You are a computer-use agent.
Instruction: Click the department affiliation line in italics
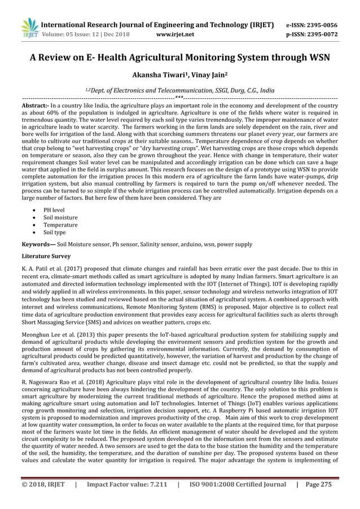(180, 89)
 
